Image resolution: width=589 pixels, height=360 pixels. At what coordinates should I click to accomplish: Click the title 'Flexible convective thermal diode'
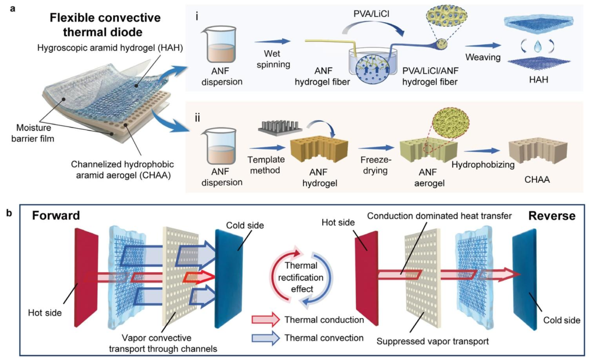105,25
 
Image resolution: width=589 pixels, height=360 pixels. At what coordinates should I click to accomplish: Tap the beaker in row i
221,44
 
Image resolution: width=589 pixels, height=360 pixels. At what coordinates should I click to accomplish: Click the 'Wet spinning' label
273,59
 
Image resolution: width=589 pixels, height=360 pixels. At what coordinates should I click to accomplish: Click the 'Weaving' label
483,57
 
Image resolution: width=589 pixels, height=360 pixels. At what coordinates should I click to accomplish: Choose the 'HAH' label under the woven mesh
539,80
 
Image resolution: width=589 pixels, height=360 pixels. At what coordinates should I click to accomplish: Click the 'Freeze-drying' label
376,165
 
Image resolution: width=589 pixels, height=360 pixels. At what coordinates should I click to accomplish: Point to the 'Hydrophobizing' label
483,165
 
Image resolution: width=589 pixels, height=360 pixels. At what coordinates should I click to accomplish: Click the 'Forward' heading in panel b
56,215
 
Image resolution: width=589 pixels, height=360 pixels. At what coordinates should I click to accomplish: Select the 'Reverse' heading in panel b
552,215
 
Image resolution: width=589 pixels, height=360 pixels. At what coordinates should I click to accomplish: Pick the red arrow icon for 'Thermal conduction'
266,320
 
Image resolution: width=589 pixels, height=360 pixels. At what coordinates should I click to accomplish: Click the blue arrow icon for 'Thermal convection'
266,338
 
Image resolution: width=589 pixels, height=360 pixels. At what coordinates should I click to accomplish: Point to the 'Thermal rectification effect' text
301,277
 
